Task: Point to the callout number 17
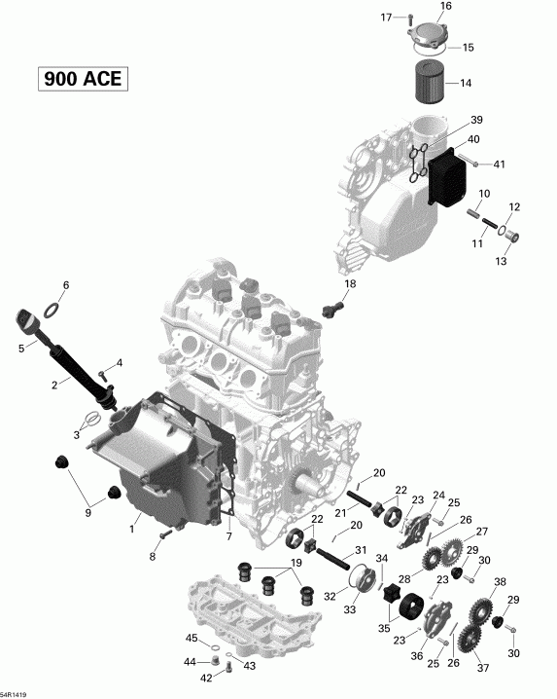coord(386,18)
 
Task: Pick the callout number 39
coord(477,119)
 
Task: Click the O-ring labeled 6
coord(57,310)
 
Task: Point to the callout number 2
coord(55,385)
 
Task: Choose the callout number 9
coord(88,513)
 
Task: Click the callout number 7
coord(229,537)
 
